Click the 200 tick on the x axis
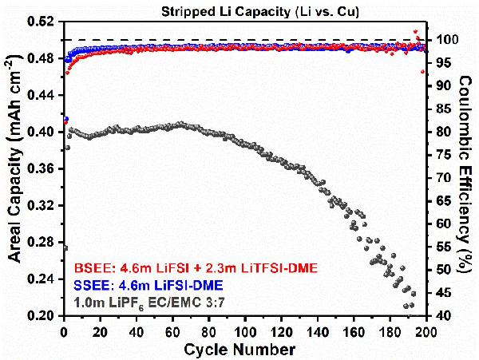pos(426,330)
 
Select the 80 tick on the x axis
pos(209,330)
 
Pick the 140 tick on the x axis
pos(318,330)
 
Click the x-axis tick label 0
pos(64,330)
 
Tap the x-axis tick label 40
pos(137,330)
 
